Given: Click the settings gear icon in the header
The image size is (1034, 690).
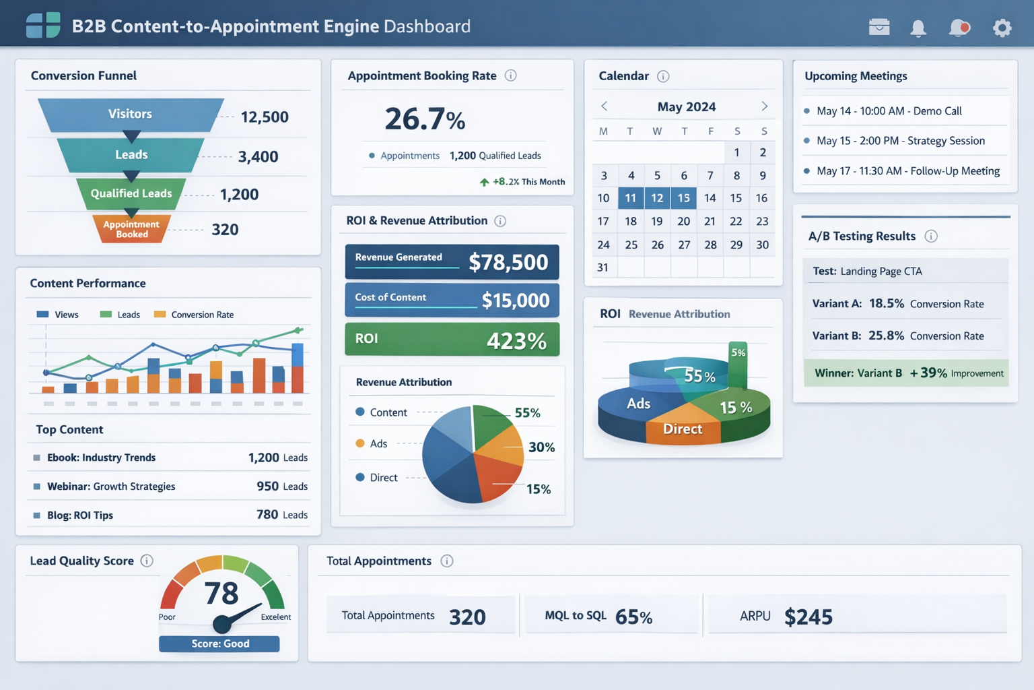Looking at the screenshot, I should pos(1002,28).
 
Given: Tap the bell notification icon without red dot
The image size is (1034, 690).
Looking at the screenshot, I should pos(918,28).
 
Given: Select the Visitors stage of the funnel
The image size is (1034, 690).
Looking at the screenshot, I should pos(131,114).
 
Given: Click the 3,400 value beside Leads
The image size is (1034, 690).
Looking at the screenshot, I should pos(258,157).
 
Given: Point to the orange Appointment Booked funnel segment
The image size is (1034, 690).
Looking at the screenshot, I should pos(131,229).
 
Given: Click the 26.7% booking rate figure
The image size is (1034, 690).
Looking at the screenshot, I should pos(425,119).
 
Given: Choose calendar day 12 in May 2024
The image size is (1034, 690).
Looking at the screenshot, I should pos(657,198).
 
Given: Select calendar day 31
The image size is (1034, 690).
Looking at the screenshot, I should pos(602,268).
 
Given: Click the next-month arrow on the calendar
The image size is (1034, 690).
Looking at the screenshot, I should pos(764,106).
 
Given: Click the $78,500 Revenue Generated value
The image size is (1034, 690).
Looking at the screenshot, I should pos(508,262).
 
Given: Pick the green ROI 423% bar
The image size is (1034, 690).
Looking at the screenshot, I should pos(452,339).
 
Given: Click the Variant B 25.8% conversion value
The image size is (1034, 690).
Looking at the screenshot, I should pos(886,336).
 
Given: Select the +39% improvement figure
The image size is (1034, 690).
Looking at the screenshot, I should pos(928,373).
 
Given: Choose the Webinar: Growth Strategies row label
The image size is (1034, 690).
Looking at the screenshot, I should pos(111,487).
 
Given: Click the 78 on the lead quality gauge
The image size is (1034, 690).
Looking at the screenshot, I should pos(221,594).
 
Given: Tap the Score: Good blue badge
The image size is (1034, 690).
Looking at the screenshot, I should pos(219,644).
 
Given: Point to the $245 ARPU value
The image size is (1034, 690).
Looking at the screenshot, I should pos(808,617).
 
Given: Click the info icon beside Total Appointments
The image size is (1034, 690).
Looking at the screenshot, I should pos(447,561).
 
